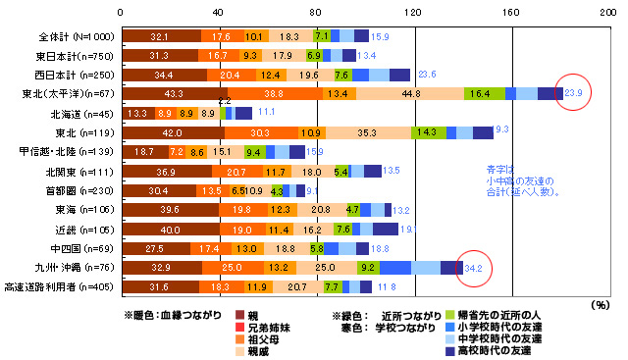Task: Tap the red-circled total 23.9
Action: point(574,93)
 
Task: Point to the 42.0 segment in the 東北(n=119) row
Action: point(172,132)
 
